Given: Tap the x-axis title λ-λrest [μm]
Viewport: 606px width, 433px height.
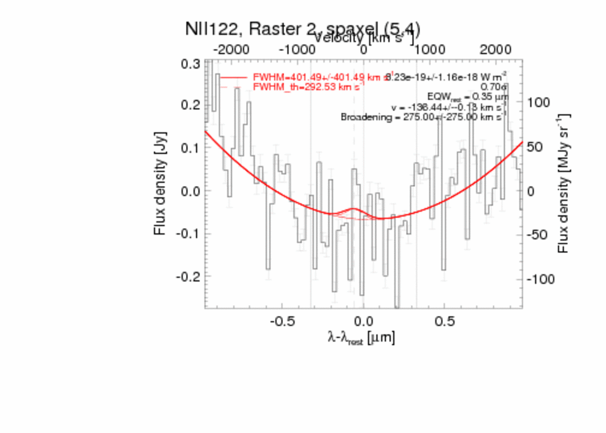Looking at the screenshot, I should point(361,338).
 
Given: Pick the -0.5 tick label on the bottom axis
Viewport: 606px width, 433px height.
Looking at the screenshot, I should point(282,320).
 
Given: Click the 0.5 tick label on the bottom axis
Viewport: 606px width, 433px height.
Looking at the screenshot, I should point(445,320).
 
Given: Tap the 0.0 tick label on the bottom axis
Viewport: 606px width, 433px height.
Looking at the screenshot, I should point(362,320).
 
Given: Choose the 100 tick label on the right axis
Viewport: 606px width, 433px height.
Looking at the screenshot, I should point(538,102).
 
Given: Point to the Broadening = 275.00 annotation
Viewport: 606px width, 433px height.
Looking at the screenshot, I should point(424,117).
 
